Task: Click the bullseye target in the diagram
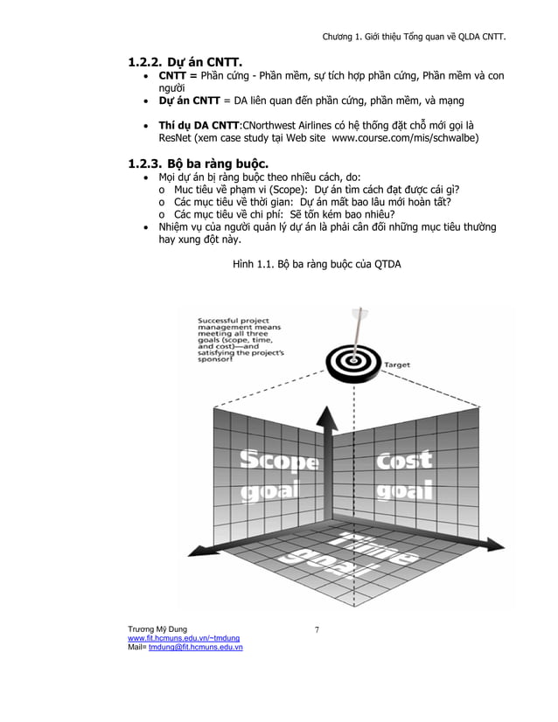(353, 358)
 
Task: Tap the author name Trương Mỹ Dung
(157, 629)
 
